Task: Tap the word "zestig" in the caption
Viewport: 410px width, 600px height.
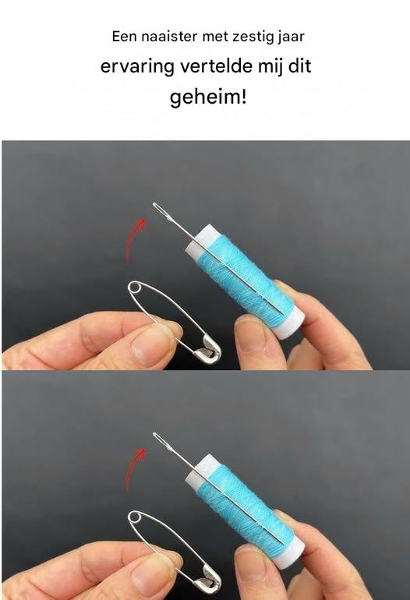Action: (x=255, y=37)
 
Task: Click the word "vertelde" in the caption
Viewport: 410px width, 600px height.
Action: (x=216, y=66)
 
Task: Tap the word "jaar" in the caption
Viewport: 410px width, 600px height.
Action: (x=293, y=37)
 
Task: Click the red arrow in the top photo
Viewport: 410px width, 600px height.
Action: (x=135, y=239)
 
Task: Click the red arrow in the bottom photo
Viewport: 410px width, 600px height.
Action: (x=134, y=470)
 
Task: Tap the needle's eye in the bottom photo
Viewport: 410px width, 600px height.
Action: (x=162, y=441)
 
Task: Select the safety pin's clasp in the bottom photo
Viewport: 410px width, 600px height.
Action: (x=207, y=578)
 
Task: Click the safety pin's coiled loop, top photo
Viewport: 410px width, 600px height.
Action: (x=134, y=287)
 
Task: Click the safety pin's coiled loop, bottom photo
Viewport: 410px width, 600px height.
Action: (x=134, y=517)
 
